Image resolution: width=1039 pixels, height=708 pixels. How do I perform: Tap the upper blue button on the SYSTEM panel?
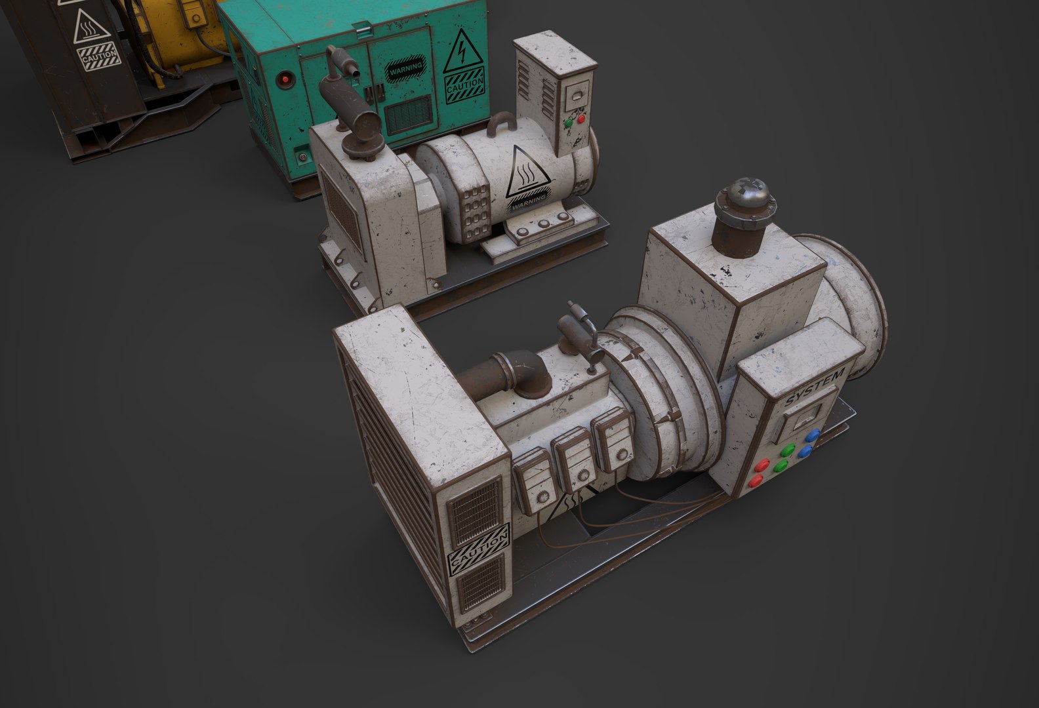point(814,435)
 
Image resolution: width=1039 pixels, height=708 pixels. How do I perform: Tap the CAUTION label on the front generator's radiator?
point(478,546)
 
